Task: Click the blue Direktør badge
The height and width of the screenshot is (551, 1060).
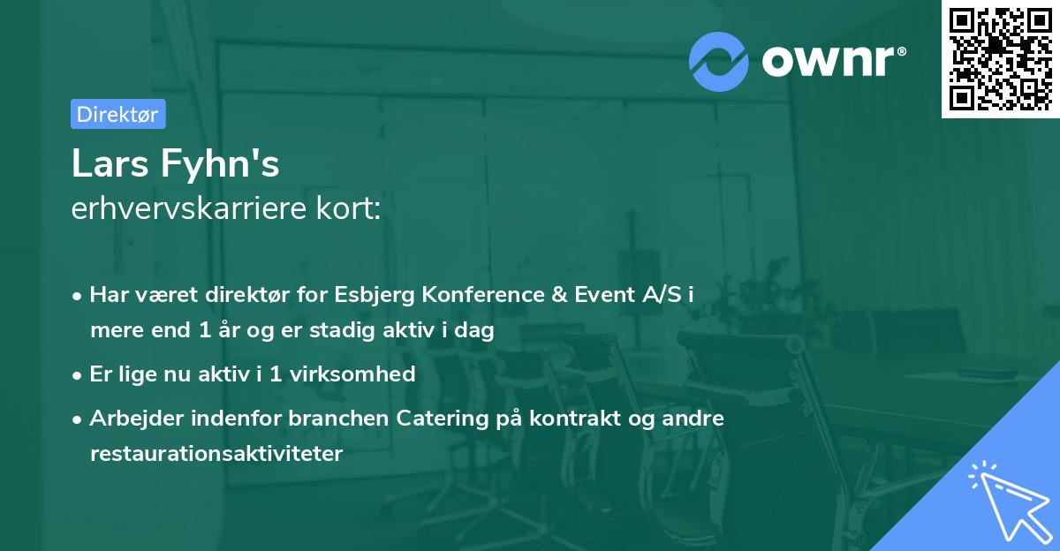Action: click(117, 114)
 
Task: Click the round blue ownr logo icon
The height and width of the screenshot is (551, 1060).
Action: click(719, 61)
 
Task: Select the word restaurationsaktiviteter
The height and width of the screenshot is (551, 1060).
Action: click(216, 454)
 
